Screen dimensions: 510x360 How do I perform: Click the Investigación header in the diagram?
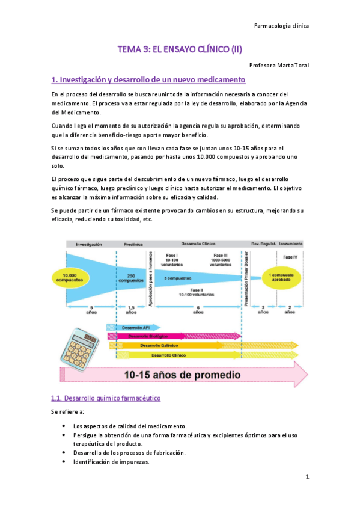pos(87,244)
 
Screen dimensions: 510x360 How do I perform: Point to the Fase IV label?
pos(290,257)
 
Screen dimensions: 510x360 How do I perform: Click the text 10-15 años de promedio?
pos(182,375)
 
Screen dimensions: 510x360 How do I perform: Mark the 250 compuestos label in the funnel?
pos(130,278)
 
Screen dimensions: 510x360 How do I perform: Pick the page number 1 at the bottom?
pos(307,477)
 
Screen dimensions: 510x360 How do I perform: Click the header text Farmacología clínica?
pos(282,26)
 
